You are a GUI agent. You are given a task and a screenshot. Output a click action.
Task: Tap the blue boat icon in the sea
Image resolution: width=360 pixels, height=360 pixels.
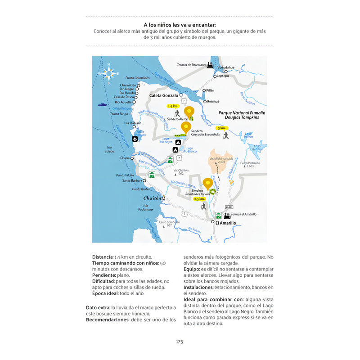(x=103, y=105)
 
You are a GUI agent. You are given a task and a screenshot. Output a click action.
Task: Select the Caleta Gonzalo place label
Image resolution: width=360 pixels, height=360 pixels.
(x=163, y=95)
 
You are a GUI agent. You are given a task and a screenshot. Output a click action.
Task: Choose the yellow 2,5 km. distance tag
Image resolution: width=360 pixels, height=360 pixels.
(x=199, y=198)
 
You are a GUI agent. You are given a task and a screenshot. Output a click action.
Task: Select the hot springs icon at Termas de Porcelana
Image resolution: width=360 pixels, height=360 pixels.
(x=210, y=65)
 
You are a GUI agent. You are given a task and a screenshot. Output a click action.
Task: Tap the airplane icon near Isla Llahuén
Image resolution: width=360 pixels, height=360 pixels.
(x=135, y=139)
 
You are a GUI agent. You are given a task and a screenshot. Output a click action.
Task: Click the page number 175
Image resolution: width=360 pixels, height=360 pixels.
(x=180, y=342)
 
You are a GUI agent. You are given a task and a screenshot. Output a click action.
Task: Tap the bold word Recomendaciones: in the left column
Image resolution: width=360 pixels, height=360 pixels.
(x=108, y=319)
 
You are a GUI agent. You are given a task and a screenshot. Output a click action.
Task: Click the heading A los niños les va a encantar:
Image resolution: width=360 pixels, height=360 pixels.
(x=180, y=25)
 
